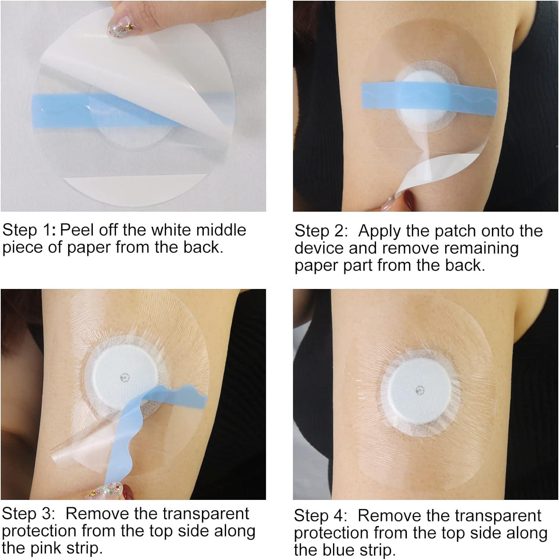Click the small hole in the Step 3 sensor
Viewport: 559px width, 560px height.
124,377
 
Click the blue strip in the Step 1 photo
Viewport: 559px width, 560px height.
63,105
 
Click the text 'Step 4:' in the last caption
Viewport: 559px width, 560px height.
320,516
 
